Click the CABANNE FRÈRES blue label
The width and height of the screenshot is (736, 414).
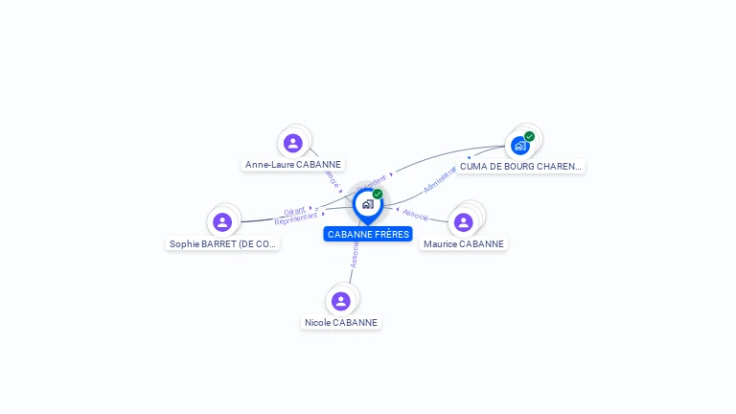368,234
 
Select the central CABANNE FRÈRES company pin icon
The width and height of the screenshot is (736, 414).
367,204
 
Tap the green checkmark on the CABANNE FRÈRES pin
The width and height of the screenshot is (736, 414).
378,194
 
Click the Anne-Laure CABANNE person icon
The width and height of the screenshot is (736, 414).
293,143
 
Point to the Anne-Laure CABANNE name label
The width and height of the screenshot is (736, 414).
293,165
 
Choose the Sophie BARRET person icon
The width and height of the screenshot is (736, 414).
222,222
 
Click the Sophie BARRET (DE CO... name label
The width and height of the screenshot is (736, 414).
222,244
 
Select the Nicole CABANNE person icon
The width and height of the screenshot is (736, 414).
341,301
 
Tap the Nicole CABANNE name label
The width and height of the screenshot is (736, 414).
341,323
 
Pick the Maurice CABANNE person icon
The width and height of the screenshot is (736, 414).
464,222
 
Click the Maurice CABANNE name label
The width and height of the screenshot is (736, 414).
464,244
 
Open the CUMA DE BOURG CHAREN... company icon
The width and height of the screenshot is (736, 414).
520,146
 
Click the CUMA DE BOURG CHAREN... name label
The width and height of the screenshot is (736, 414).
519,167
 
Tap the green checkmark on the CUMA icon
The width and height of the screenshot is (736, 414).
529,136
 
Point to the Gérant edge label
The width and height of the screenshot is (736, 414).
294,210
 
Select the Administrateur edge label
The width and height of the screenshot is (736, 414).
440,179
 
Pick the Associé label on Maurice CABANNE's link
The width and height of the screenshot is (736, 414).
416,215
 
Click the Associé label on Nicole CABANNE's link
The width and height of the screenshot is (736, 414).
355,254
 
